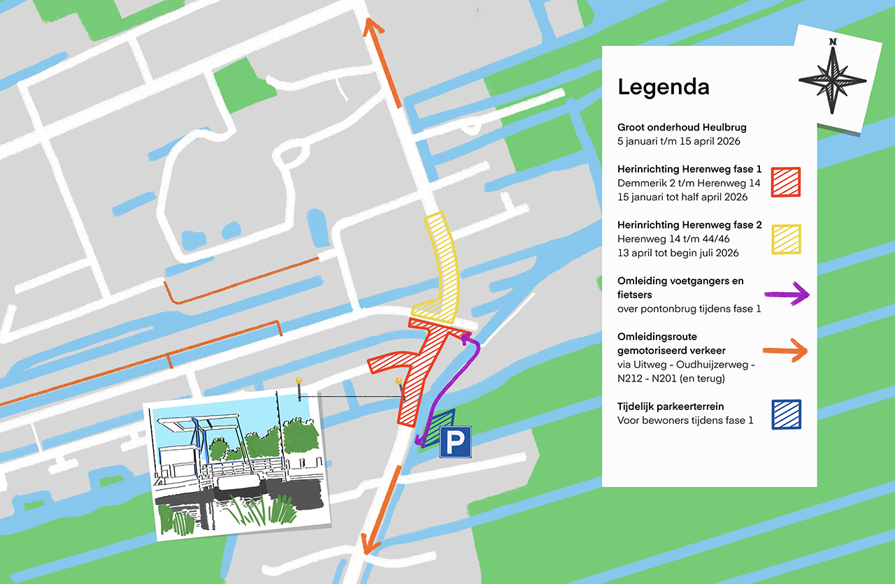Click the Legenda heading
tap(663, 87)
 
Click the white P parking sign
tap(454, 442)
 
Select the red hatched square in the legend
tap(787, 182)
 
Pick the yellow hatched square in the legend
tap(787, 239)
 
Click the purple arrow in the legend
tap(787, 295)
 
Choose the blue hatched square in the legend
tap(787, 414)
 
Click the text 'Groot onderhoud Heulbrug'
tap(682, 127)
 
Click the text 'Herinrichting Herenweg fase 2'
tap(689, 225)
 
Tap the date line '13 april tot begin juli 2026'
tap(678, 253)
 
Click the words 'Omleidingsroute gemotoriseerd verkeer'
tap(671, 343)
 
